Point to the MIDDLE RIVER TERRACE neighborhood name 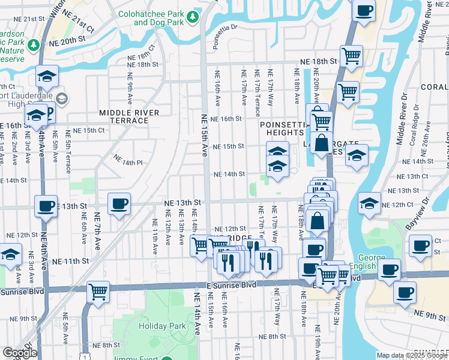[129, 116]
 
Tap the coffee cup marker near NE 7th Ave [119, 205]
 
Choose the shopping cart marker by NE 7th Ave [98, 292]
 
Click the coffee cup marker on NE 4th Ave [46, 206]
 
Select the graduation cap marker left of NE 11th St [10, 254]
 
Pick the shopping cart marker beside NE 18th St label [351, 56]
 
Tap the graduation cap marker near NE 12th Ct [369, 203]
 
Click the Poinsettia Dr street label [225, 27]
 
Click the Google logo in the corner [20, 353]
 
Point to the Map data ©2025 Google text [411, 355]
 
